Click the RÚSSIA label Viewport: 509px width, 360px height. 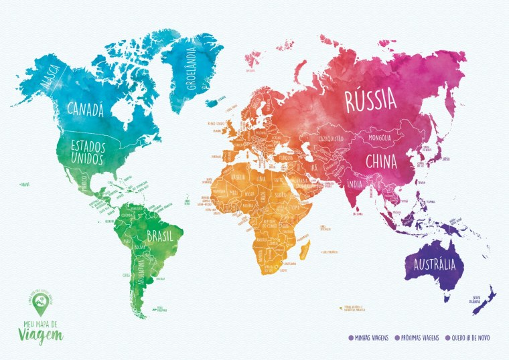[370, 102]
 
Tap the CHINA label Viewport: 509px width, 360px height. [381, 161]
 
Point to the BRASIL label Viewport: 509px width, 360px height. [160, 236]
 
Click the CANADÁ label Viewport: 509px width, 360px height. [85, 109]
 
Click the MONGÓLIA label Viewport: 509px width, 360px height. [375, 139]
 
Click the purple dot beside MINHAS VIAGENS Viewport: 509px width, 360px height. [351, 338]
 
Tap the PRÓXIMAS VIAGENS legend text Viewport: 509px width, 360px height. [419, 338]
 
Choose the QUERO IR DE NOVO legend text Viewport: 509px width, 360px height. [471, 338]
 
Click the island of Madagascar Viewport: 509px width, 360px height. [306, 250]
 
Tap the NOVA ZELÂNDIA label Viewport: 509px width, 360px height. [478, 299]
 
